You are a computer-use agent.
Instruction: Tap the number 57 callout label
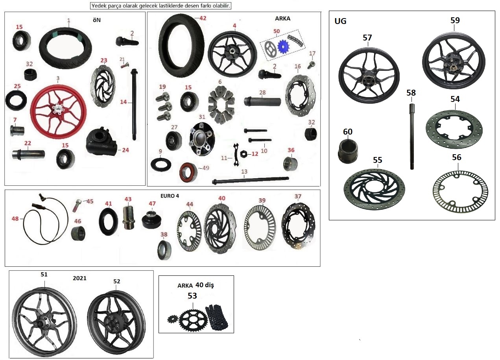tap(367, 38)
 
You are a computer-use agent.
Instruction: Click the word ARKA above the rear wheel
tap(282, 18)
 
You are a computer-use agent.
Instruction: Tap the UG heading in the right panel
tap(340, 21)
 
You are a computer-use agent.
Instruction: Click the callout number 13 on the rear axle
tap(244, 172)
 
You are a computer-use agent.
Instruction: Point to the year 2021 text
tap(80, 278)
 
